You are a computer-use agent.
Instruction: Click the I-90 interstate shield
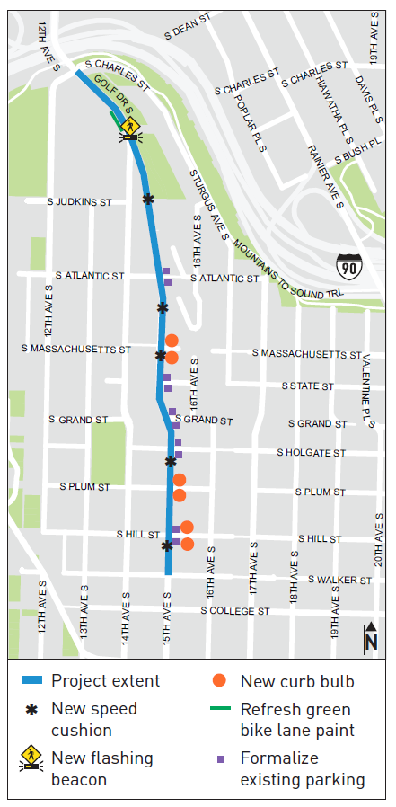[349, 266]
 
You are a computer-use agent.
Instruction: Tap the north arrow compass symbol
[371, 638]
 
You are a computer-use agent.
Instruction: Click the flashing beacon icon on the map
[131, 128]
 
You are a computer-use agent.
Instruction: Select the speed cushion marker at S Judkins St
[148, 199]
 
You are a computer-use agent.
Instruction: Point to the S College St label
[235, 611]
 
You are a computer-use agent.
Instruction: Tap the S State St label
[307, 386]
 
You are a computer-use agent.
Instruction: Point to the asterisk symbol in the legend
[32, 709]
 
